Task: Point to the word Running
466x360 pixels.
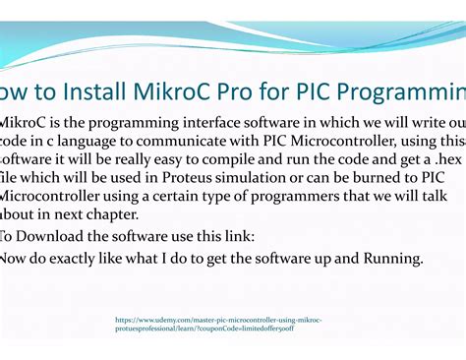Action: (x=389, y=260)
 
